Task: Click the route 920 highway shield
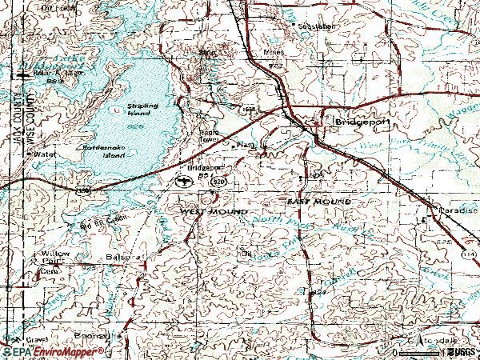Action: (x=218, y=182)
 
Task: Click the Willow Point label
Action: (x=55, y=256)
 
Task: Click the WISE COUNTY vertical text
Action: (x=31, y=111)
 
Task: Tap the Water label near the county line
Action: (x=46, y=154)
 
